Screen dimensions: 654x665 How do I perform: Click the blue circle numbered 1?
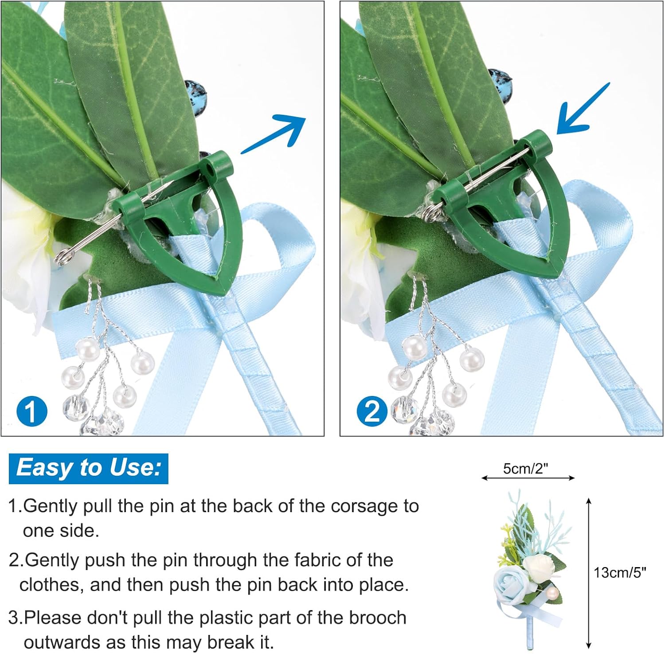[31, 411]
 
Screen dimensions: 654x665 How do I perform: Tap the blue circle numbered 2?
[372, 411]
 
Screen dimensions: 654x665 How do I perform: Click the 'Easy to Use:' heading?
[89, 468]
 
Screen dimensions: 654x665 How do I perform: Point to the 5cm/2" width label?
[525, 469]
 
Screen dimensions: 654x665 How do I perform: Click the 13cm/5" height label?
[620, 572]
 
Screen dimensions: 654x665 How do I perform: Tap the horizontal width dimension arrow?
[528, 478]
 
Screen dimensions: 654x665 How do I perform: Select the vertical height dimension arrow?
[589, 572]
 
